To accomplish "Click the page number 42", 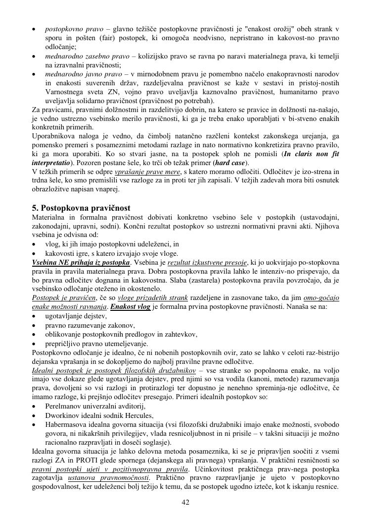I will tap(185, 502).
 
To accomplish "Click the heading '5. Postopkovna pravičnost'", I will tap(81, 208).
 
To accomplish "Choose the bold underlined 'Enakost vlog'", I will tap(130, 307).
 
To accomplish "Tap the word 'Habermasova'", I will tap(65, 424).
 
